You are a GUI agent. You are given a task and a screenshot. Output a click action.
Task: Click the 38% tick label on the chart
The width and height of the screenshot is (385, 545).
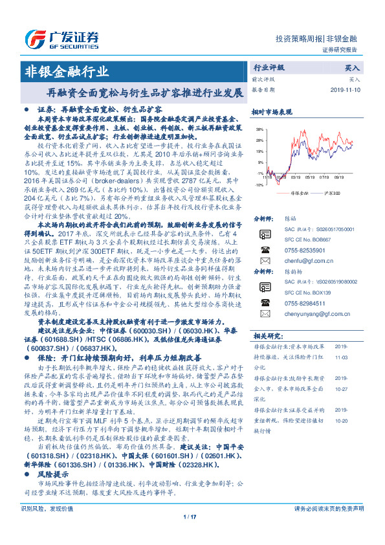point(259,130)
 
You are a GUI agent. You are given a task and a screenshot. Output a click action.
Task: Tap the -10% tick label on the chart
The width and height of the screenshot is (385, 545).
point(258,184)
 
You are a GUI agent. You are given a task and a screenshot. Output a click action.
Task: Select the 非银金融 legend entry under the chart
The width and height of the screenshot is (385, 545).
point(297,193)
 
